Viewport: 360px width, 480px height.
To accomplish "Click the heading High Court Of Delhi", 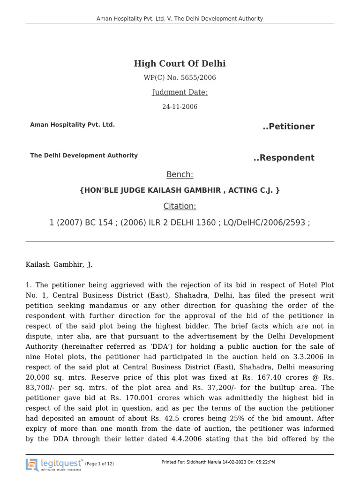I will point(180,64).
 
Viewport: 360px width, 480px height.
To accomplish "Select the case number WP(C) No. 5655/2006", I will point(180,78).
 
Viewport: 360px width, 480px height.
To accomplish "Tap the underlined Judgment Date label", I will point(180,92).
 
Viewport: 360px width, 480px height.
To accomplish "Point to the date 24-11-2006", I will point(180,107).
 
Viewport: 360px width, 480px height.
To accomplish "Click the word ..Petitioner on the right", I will point(288,127).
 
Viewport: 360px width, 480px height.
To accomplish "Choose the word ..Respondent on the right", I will point(284,157).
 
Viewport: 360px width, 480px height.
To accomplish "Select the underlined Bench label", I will point(180,175).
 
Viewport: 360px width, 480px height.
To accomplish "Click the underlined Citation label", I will point(180,206).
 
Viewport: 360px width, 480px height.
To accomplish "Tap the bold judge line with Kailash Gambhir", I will point(180,190).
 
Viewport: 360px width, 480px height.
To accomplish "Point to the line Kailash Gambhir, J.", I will point(59,264).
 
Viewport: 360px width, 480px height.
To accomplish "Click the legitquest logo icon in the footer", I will point(32,465).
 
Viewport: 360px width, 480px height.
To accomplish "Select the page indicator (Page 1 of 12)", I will point(99,464).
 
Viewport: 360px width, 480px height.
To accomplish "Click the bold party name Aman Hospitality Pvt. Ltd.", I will point(72,125).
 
